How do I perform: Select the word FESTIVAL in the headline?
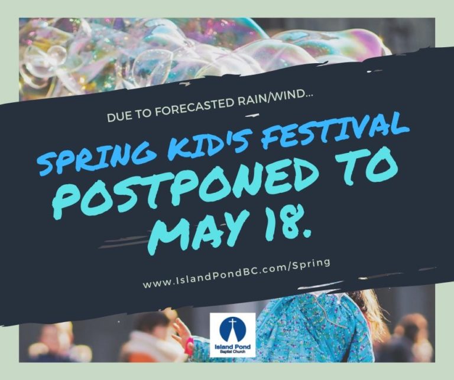click(330, 126)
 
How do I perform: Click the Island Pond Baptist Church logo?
click(232, 333)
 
